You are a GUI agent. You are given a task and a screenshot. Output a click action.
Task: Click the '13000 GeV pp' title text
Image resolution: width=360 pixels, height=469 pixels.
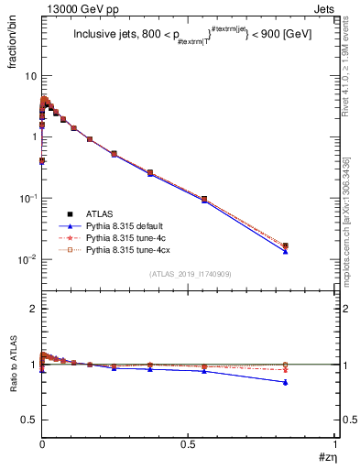(73, 8)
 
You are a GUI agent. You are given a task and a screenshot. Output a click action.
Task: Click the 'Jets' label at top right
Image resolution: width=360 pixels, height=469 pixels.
(326, 8)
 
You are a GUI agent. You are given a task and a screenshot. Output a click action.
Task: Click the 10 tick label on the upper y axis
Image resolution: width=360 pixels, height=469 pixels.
(29, 76)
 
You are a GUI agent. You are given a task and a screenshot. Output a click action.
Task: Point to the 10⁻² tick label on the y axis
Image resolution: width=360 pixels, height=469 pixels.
(27, 259)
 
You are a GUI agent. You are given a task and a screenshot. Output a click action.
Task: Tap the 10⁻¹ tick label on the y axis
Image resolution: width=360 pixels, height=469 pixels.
(27, 198)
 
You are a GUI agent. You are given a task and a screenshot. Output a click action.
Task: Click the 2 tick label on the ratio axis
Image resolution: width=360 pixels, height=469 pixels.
(33, 310)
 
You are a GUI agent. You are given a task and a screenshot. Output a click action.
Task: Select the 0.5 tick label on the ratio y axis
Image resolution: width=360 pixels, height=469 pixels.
(29, 420)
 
